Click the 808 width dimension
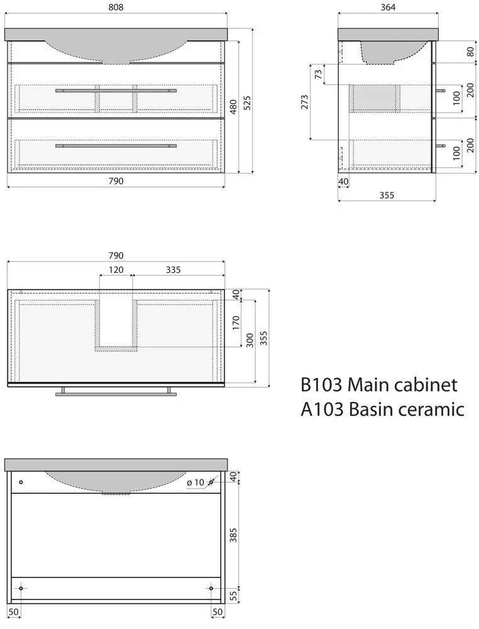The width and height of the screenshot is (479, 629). point(116,8)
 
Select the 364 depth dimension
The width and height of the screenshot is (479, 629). point(387,8)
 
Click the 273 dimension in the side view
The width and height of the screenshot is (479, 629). point(305,102)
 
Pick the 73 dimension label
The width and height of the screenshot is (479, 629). point(318,74)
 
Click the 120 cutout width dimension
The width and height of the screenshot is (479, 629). point(116,270)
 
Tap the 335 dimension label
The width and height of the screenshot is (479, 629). point(173,270)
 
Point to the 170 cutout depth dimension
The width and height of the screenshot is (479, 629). point(236,323)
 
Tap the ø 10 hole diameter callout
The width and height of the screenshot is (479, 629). point(197,482)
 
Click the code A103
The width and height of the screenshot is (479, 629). point(321,409)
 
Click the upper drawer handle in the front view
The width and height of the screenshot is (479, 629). point(116,91)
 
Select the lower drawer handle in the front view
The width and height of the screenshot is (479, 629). point(116,146)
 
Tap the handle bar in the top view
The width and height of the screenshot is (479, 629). point(116,394)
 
